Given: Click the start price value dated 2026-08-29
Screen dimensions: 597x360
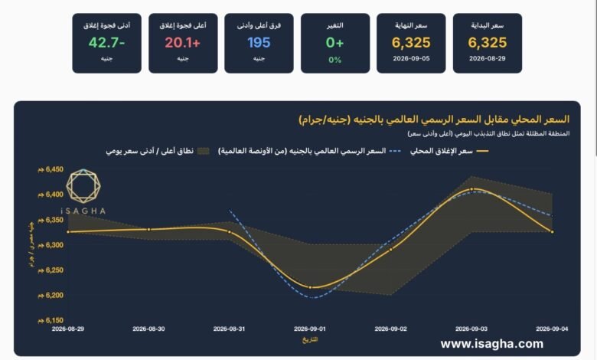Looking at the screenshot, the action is (x=488, y=43).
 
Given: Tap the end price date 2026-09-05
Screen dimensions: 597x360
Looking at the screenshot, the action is (x=411, y=59).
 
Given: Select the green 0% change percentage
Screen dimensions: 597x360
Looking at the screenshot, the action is (x=335, y=60).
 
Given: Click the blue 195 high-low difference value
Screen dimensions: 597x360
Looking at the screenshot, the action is (x=259, y=43).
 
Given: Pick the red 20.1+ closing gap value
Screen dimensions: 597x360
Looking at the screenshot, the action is (x=183, y=43).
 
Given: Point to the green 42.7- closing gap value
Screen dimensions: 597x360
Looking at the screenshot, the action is (x=106, y=43).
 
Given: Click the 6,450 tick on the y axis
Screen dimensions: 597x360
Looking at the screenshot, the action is (x=51, y=169).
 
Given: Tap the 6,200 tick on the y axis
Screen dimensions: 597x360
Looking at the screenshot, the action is (x=51, y=295).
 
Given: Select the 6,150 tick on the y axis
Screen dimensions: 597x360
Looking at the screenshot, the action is (x=51, y=320).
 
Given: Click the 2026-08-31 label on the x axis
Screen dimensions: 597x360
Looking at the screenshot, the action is (x=229, y=329).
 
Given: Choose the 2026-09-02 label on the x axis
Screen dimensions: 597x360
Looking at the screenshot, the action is (x=390, y=329).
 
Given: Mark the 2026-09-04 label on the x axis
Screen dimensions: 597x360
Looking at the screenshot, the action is (x=552, y=329).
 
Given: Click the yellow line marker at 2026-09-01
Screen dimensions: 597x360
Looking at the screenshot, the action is (x=310, y=288).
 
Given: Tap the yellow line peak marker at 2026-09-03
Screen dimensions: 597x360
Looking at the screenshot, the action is (x=471, y=189).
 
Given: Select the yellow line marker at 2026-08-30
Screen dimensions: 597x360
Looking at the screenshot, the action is (x=149, y=229).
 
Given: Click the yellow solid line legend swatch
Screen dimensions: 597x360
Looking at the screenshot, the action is (x=483, y=151).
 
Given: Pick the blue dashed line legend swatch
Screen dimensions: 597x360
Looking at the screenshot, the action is (x=395, y=151).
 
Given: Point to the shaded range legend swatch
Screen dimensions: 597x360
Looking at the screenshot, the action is (x=204, y=151).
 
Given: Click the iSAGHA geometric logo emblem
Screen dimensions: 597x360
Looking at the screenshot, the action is (x=83, y=186).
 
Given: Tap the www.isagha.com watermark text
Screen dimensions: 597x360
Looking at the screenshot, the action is (x=492, y=344).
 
